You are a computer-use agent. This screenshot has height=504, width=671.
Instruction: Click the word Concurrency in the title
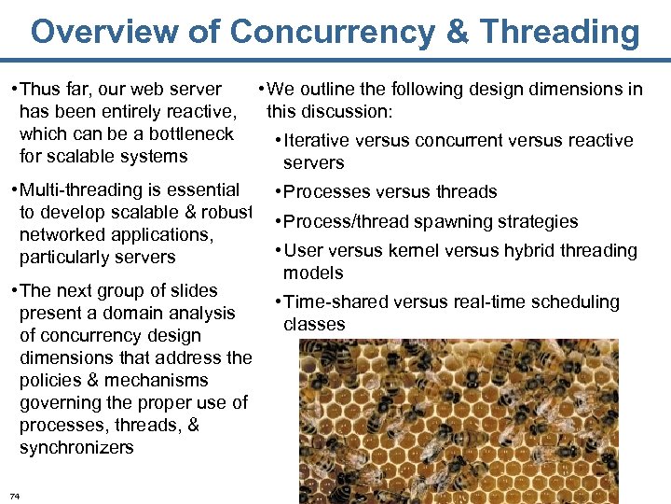point(332,32)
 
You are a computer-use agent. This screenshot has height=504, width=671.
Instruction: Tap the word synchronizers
point(76,448)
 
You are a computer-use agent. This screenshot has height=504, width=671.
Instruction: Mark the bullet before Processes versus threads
point(277,192)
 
